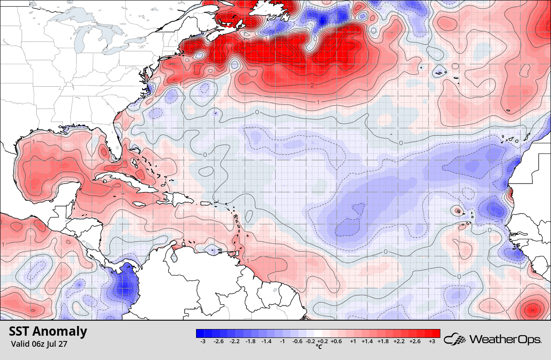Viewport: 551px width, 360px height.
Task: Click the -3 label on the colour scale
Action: tap(203, 341)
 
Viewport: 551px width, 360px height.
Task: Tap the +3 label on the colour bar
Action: tap(432, 341)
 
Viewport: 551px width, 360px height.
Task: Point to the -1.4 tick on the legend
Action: tap(266, 341)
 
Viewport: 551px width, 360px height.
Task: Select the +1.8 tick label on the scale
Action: tap(385, 341)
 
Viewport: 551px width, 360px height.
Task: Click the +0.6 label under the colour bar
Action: tap(336, 341)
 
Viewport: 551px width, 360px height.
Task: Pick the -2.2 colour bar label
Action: tap(235, 341)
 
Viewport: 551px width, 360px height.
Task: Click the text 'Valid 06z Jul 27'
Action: tap(39, 343)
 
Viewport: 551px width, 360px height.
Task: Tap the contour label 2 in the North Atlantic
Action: tap(312, 85)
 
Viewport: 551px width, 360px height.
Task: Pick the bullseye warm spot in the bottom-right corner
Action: tap(531, 309)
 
